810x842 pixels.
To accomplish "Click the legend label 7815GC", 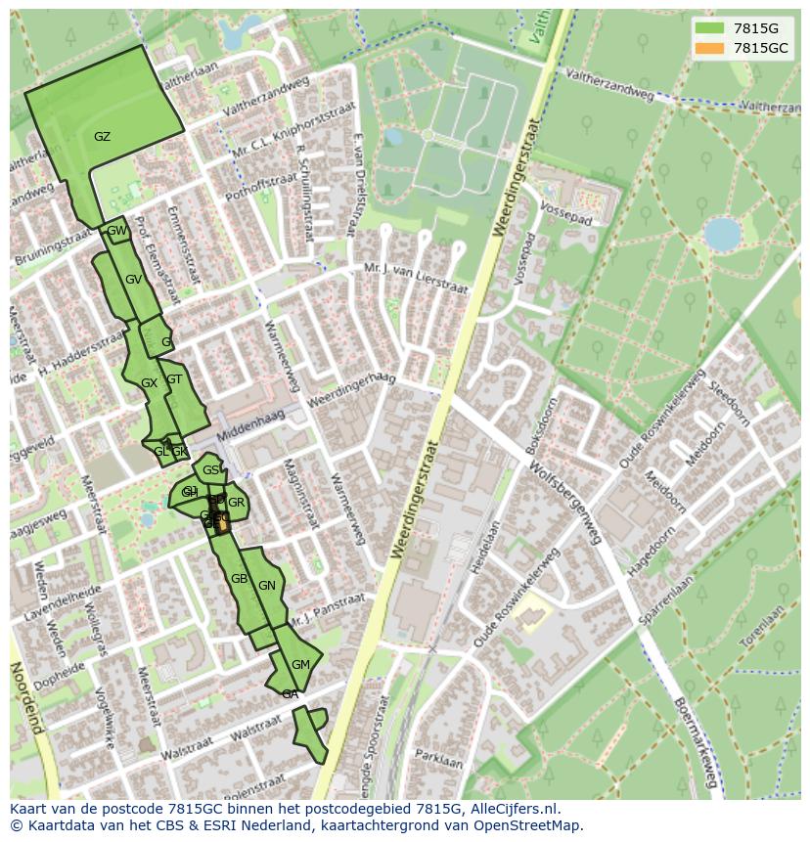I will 760,48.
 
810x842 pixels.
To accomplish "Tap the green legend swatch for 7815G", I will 709,28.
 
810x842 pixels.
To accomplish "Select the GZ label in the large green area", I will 102,137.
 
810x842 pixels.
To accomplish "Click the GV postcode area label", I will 134,280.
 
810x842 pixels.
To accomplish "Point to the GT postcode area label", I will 174,379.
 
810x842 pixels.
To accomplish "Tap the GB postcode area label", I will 239,579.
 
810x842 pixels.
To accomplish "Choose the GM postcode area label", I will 300,665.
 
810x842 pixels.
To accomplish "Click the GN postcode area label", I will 267,586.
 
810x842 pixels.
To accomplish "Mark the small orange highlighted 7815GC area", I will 222,522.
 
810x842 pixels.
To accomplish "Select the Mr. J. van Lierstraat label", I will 416,279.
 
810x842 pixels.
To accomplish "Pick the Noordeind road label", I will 27,696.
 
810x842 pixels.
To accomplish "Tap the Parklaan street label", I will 437,758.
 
